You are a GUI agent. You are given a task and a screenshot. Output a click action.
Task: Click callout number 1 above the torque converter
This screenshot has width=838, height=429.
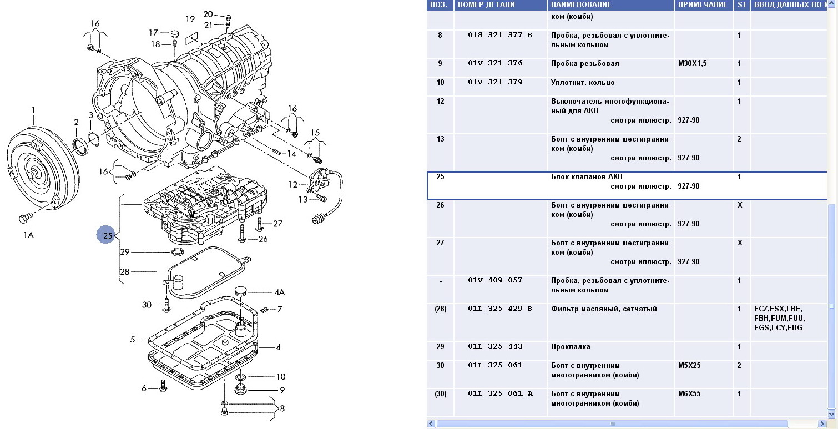click(x=33, y=111)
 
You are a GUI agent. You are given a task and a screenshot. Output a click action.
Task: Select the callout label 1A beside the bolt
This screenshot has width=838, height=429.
click(x=28, y=235)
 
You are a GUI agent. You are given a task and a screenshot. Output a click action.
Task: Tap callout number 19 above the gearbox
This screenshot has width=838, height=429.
click(x=190, y=19)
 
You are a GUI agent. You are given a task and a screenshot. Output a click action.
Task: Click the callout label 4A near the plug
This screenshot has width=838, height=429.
click(x=279, y=292)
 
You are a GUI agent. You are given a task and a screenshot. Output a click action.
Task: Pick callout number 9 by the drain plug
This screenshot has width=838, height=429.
click(x=282, y=390)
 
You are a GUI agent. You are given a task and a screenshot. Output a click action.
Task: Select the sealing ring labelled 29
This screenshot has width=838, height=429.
click(x=178, y=254)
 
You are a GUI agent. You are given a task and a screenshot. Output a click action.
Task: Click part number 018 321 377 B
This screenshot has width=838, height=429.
click(x=499, y=35)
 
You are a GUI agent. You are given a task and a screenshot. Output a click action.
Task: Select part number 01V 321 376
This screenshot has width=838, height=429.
click(x=495, y=63)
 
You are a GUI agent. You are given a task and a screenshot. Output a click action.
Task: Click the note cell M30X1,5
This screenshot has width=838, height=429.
click(x=692, y=64)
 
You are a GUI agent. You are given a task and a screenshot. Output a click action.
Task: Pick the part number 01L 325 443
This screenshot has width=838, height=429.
click(x=495, y=346)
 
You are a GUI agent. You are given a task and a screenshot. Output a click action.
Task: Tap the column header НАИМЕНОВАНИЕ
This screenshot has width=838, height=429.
click(x=581, y=5)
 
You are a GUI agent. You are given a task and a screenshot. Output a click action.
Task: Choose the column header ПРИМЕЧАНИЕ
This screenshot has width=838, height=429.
click(x=702, y=5)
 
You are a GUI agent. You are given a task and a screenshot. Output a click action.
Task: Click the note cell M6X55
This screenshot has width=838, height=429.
click(x=689, y=393)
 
